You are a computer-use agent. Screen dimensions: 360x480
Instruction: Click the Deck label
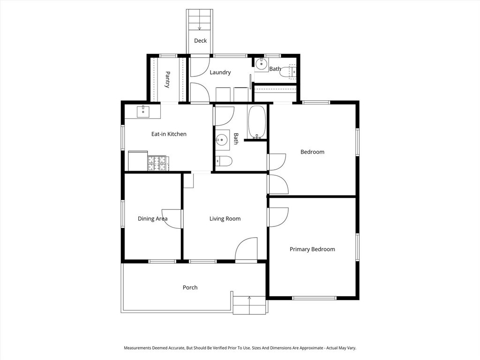click(x=200, y=41)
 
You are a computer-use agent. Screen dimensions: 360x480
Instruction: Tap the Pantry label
click(x=167, y=79)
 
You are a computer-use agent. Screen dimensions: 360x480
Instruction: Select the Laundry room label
click(x=220, y=72)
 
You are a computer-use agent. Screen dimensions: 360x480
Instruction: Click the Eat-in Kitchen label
click(x=169, y=134)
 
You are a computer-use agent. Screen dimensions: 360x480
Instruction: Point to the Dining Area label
click(x=152, y=218)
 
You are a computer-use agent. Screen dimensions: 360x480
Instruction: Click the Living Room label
click(x=225, y=218)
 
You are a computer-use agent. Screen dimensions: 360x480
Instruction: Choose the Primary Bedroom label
click(x=312, y=249)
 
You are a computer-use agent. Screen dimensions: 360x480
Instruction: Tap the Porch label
click(x=190, y=287)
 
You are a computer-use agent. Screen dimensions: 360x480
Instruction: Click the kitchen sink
click(x=143, y=112)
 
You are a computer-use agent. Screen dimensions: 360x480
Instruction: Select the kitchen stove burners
click(x=158, y=163)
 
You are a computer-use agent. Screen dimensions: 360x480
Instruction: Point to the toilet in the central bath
click(x=224, y=161)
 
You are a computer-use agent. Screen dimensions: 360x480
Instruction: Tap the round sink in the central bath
click(x=222, y=139)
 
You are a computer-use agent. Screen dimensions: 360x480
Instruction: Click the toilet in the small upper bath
click(x=292, y=72)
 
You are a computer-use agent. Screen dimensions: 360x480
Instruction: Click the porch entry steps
click(x=249, y=305)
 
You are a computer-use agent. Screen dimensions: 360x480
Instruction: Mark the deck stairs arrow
click(x=200, y=27)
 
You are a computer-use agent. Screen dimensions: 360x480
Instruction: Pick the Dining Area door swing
click(x=172, y=218)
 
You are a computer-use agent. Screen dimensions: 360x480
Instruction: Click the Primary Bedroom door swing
click(x=278, y=217)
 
